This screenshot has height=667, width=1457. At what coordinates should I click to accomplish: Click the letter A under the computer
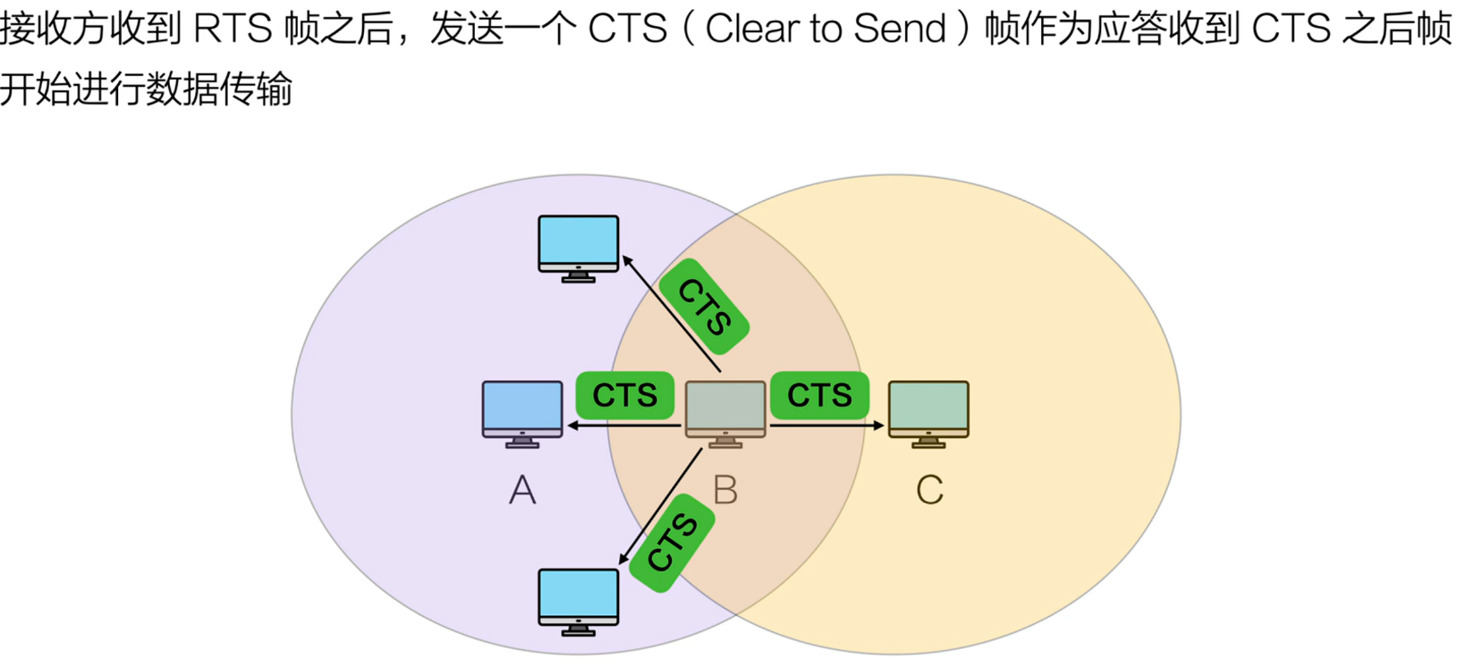[522, 490]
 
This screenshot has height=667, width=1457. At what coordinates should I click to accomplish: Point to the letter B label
[725, 490]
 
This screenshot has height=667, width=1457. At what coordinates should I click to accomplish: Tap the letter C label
[929, 490]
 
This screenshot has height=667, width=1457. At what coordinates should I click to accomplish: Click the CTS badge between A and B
[624, 395]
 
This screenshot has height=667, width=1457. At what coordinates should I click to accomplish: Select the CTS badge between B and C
[819, 395]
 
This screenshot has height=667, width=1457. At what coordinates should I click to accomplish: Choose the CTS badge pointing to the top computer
[705, 307]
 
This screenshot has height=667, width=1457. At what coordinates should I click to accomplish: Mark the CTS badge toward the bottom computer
[673, 542]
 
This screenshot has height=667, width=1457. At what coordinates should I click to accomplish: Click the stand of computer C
[928, 442]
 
